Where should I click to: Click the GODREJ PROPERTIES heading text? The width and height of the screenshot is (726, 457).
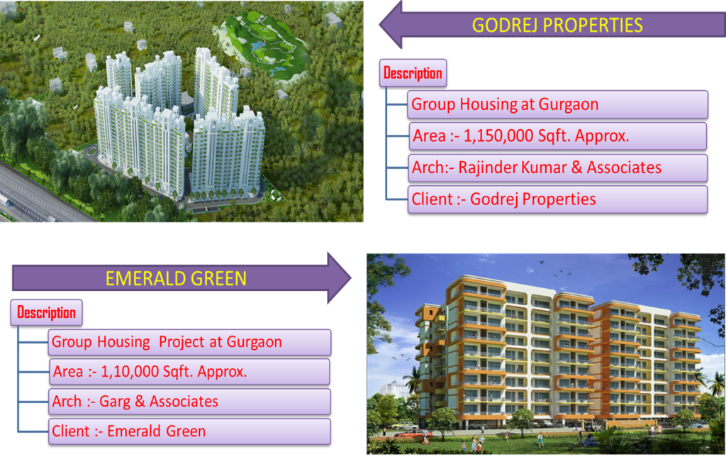click(x=557, y=25)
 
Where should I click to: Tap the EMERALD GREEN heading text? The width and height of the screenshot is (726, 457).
click(x=176, y=279)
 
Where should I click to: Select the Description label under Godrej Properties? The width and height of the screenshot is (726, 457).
click(x=413, y=73)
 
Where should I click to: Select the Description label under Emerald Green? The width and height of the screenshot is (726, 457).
click(x=46, y=313)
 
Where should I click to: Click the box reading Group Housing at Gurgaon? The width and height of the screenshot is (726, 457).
click(x=557, y=105)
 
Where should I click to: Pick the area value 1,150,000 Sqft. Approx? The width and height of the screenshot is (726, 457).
click(x=547, y=136)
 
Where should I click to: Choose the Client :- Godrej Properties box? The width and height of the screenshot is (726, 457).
click(x=557, y=199)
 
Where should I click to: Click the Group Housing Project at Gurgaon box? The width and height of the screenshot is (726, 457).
click(x=189, y=342)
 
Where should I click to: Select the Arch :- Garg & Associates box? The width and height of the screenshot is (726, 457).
click(x=189, y=402)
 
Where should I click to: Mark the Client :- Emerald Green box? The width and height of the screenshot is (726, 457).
click(x=189, y=431)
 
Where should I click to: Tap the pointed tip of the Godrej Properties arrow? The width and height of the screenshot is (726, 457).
click(x=380, y=25)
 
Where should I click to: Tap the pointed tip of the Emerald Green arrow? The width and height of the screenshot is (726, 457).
click(x=351, y=278)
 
